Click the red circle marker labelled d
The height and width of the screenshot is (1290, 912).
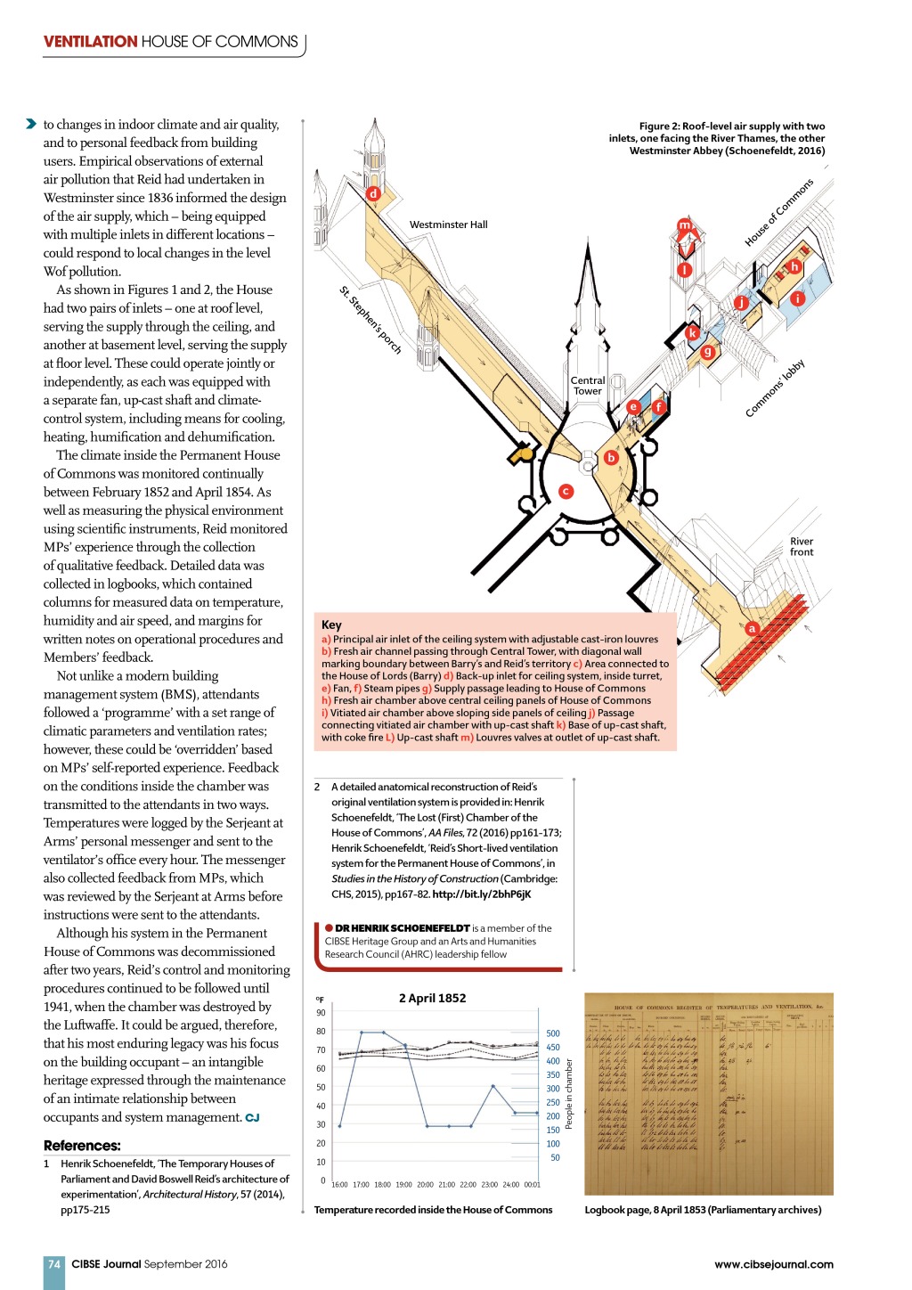click(x=373, y=193)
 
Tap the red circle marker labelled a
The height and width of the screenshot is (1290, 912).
click(x=752, y=628)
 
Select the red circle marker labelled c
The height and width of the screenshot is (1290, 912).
click(x=566, y=491)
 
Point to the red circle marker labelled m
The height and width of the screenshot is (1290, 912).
click(x=684, y=225)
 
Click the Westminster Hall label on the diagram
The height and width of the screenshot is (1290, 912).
click(x=448, y=225)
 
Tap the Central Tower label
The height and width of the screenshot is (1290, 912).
click(x=587, y=386)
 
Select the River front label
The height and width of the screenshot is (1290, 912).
click(x=802, y=547)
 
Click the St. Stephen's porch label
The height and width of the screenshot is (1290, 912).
click(x=370, y=320)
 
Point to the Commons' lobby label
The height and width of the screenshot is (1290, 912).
click(x=775, y=388)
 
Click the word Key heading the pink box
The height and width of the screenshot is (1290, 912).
click(x=331, y=625)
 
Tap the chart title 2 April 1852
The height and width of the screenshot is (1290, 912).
click(x=432, y=998)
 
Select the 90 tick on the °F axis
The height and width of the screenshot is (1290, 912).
click(x=321, y=1013)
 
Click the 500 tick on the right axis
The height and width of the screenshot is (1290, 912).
click(x=553, y=1033)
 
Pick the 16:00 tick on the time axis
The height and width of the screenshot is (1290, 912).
click(x=339, y=1185)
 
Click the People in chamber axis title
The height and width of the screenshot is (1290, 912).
click(x=569, y=1094)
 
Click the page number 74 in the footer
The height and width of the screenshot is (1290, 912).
click(x=54, y=1263)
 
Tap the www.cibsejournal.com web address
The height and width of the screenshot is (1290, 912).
click(x=773, y=1263)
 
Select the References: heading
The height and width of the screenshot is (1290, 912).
click(x=82, y=1146)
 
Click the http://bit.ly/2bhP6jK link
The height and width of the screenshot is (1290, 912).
click(x=481, y=894)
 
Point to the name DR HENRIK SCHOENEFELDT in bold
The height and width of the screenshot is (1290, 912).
click(x=402, y=927)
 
